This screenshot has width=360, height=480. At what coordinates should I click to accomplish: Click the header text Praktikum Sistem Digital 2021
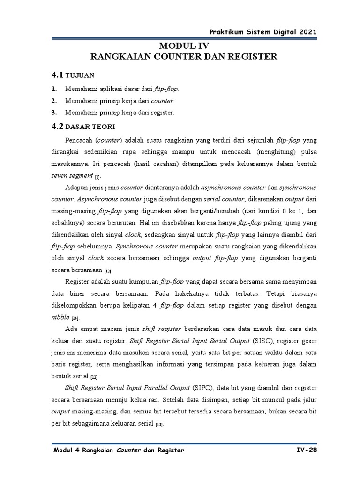click(x=263, y=31)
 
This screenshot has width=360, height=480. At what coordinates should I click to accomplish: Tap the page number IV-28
click(x=305, y=450)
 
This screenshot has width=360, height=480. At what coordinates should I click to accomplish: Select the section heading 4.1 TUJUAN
click(x=73, y=75)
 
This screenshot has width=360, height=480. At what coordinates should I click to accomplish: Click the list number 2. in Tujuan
click(x=54, y=101)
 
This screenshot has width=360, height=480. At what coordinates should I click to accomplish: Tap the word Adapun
click(x=76, y=188)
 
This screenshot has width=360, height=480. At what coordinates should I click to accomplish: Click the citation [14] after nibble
click(x=75, y=318)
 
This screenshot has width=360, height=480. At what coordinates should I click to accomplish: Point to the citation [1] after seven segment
click(x=97, y=177)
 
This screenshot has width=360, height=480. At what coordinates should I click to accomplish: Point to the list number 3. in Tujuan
click(x=54, y=113)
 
